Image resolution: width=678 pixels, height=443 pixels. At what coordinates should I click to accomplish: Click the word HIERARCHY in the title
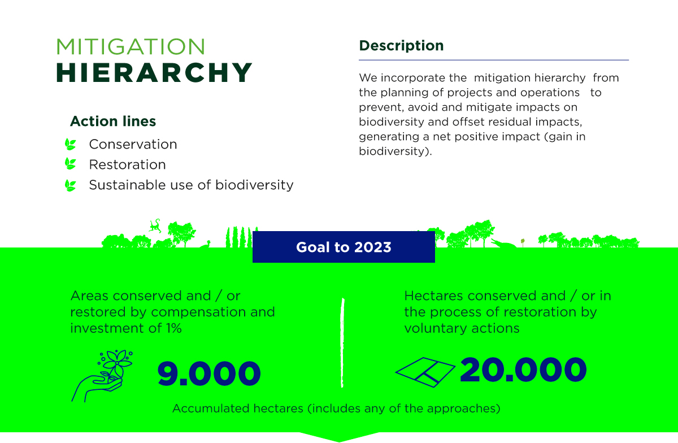point(154,72)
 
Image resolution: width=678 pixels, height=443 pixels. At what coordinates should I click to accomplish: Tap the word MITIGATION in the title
point(131,47)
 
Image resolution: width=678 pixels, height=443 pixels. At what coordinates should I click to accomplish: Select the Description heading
point(401,46)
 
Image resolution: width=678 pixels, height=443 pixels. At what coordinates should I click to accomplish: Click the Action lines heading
point(113,121)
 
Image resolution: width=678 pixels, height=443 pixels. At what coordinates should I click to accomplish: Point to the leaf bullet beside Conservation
point(71,144)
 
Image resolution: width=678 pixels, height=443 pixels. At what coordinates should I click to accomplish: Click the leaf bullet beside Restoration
point(71,164)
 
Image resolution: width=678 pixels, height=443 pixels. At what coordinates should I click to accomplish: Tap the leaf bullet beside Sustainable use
point(71,185)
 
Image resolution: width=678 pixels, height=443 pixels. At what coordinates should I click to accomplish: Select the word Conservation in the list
point(133,145)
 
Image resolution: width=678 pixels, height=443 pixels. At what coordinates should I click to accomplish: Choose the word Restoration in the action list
point(127,165)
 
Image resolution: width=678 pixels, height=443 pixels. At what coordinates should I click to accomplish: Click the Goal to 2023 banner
point(344,247)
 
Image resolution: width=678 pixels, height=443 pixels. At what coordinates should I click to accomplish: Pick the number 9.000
point(209,373)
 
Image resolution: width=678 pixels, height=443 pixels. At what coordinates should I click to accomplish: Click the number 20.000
point(523,371)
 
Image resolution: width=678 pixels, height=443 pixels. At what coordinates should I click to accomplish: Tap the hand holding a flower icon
point(102,375)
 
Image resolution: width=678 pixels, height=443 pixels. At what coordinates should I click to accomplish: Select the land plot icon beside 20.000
point(425,371)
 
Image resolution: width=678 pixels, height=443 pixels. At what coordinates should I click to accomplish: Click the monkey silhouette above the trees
point(155,226)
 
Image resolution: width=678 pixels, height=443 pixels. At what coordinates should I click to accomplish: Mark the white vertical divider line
point(342,342)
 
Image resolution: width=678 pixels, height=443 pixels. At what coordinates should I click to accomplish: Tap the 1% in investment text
point(172,328)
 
